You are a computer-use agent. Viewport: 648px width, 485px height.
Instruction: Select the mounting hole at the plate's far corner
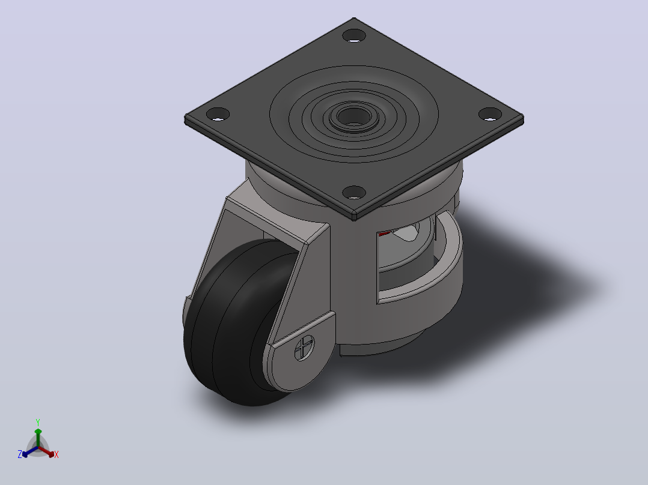click(354, 35)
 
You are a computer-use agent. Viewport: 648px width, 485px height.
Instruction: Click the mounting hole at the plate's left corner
click(218, 114)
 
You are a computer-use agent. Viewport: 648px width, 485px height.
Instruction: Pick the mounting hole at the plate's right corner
click(490, 114)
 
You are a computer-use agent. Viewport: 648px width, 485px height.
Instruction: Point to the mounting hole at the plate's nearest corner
click(354, 192)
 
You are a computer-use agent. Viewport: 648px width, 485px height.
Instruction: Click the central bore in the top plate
click(353, 116)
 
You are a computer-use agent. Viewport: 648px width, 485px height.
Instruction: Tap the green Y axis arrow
click(38, 438)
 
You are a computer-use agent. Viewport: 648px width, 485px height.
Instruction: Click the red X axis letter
click(57, 454)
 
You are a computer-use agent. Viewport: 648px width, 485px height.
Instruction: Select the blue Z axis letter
click(20, 454)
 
